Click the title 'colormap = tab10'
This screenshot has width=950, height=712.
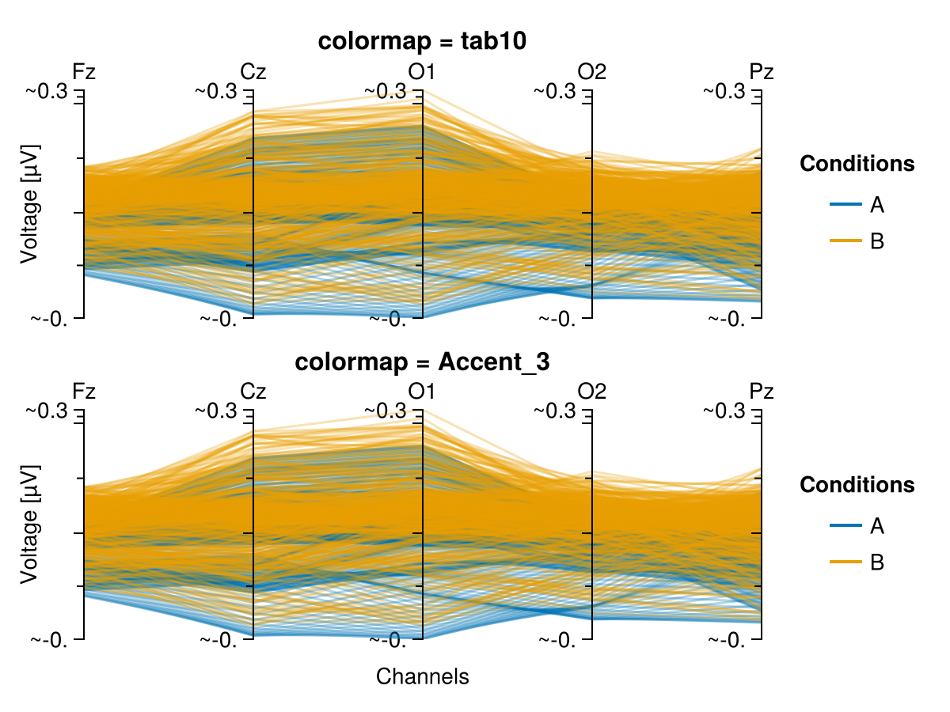coord(422,43)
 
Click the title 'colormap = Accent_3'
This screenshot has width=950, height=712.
coord(422,362)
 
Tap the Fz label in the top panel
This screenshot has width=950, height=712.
coord(84,71)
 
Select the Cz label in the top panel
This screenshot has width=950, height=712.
coord(253,71)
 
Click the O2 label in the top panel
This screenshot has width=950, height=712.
coord(592,71)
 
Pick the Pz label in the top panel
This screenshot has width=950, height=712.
coord(762,71)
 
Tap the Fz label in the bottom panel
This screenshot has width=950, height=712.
coord(84,391)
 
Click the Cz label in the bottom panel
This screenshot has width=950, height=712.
coord(253,391)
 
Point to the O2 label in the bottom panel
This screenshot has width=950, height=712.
coord(592,391)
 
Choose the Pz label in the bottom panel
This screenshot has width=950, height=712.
coord(762,391)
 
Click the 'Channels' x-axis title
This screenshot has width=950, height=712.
coord(422,676)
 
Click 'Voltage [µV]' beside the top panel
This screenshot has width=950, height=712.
coord(29,204)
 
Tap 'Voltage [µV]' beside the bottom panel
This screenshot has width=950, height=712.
coord(29,524)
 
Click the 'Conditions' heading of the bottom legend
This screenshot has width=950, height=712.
coord(857,484)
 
